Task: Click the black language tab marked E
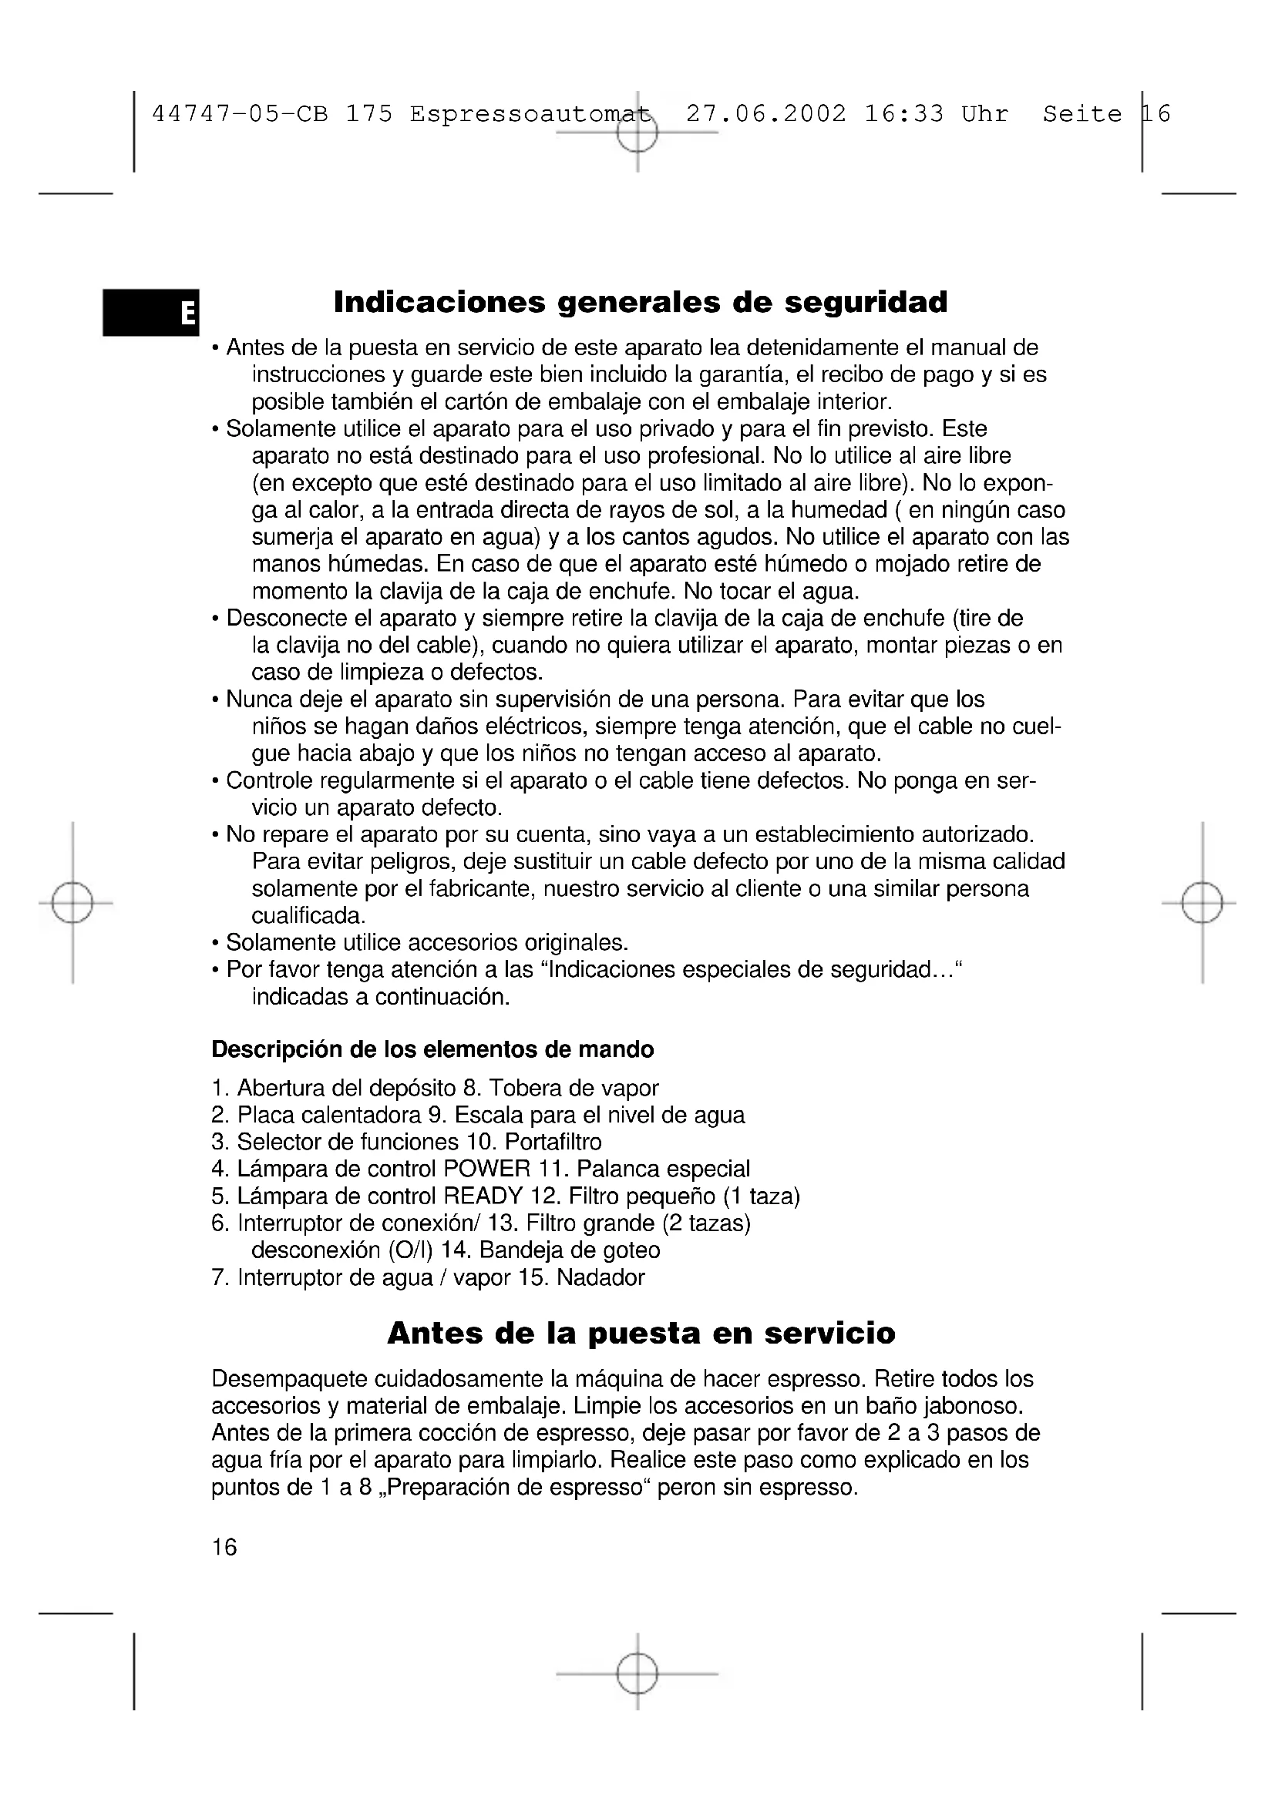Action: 151,312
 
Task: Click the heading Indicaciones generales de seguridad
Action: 641,302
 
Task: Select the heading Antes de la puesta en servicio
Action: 641,1334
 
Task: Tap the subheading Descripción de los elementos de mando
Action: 432,1049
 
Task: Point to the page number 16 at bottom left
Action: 224,1547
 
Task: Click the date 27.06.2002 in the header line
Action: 766,115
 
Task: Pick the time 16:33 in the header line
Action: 903,115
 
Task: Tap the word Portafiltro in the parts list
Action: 553,1142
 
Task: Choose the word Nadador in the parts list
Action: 600,1277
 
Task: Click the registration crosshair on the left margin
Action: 72,904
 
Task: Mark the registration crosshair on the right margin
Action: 1202,904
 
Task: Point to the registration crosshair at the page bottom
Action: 637,1673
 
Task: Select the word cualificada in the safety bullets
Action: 308,916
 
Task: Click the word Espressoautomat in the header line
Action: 530,115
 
